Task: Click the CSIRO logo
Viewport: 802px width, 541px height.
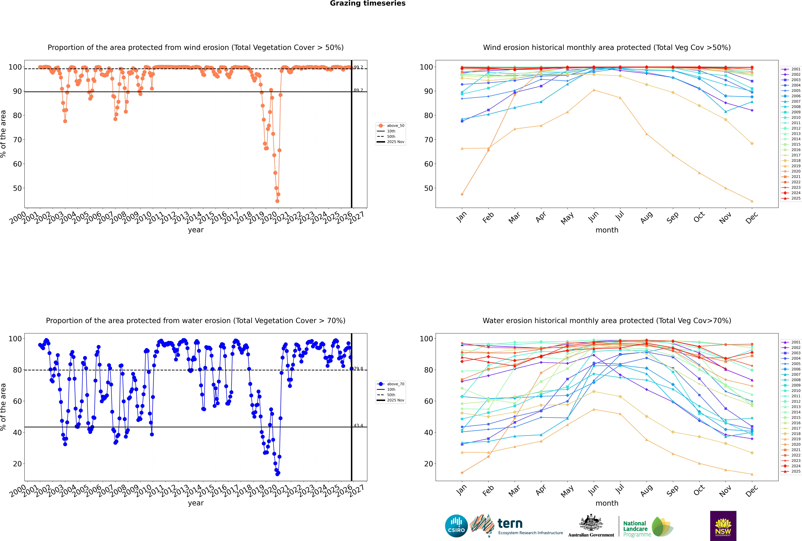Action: click(x=456, y=526)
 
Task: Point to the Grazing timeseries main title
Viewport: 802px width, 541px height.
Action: click(x=368, y=3)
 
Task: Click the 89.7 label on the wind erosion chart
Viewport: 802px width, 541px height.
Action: click(x=358, y=90)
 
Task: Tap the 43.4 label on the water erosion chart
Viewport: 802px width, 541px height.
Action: click(x=358, y=425)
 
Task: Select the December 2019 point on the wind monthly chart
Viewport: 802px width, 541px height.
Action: click(x=752, y=201)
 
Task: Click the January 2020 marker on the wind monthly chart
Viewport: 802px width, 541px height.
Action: click(x=462, y=194)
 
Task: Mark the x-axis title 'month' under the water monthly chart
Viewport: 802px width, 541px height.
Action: click(x=607, y=503)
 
